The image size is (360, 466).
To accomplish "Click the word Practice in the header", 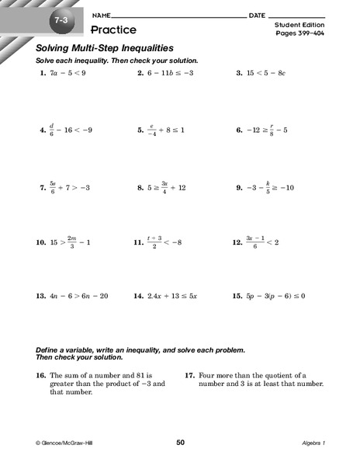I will click(x=113, y=30).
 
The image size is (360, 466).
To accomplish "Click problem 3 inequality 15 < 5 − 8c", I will click(x=272, y=72).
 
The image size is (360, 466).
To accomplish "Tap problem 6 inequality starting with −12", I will click(x=274, y=130).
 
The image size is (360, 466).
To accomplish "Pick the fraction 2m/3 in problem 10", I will click(x=71, y=242).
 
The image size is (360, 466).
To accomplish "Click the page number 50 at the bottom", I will click(x=180, y=442).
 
